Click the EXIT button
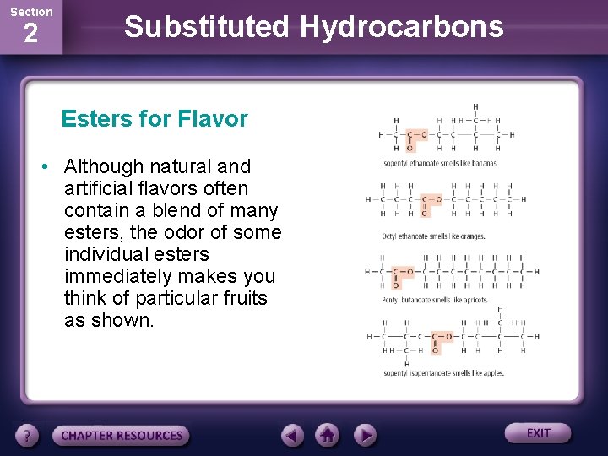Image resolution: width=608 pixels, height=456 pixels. pyautogui.click(x=538, y=433)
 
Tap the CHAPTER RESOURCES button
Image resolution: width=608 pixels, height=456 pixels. pyautogui.click(x=122, y=436)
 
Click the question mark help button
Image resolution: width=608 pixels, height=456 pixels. pyautogui.click(x=28, y=436)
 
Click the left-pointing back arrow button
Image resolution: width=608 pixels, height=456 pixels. pyautogui.click(x=293, y=436)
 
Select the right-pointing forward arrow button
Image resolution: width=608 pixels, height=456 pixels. pyautogui.click(x=364, y=436)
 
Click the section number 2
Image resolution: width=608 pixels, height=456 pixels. pyautogui.click(x=30, y=35)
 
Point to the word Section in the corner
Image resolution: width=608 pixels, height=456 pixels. pyautogui.click(x=30, y=12)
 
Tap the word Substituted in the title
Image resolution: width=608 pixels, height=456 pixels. pyautogui.click(x=206, y=27)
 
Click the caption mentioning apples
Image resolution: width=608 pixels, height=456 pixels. pyautogui.click(x=442, y=373)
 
